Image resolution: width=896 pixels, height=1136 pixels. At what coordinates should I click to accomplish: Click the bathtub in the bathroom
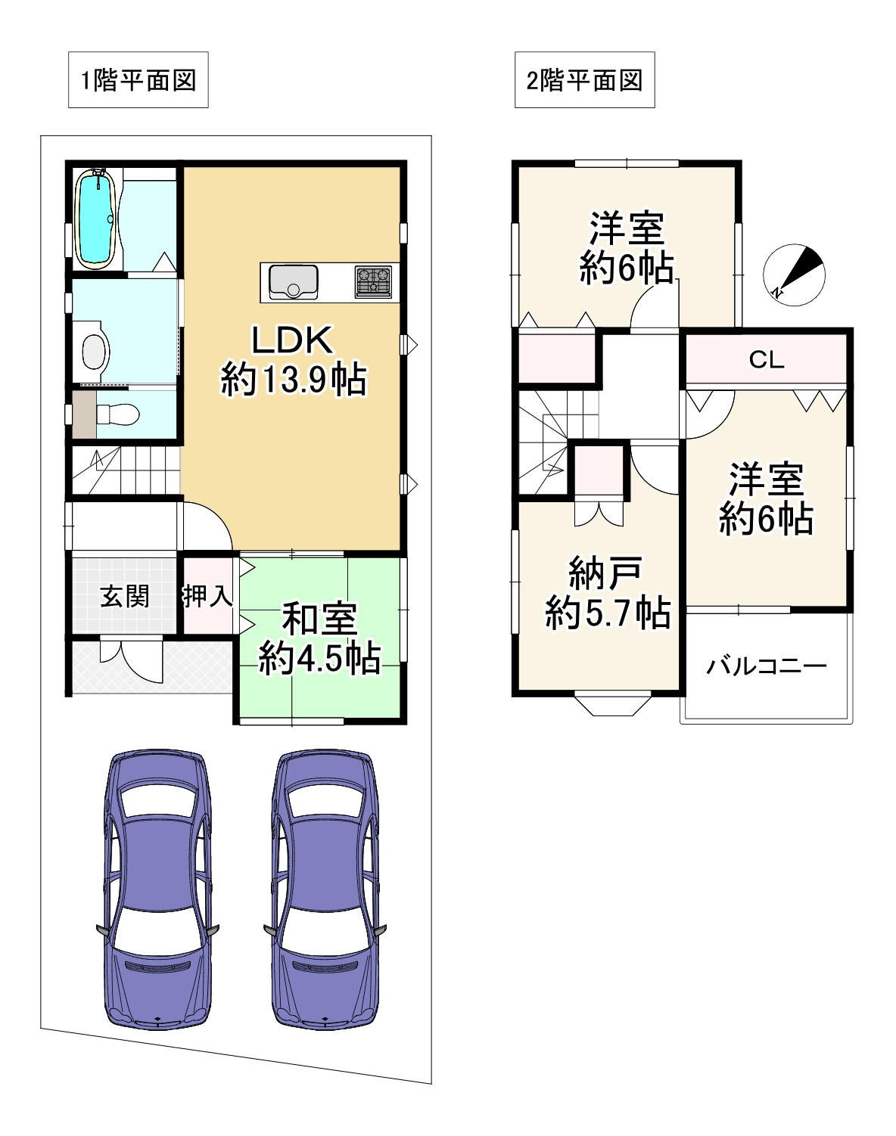95,219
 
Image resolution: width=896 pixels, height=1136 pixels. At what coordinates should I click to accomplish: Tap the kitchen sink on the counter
293,282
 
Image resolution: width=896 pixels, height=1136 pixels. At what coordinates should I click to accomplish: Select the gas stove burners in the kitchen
373,281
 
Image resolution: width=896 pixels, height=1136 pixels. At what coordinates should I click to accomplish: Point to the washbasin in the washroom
95,352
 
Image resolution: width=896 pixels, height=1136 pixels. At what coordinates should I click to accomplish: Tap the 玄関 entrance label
125,596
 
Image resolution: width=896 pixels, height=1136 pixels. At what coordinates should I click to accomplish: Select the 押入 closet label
207,596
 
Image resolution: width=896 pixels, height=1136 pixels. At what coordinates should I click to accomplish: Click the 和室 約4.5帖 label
319,638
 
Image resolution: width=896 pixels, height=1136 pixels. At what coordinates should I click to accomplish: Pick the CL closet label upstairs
766,360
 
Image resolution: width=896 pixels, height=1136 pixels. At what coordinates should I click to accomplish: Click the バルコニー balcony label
767,666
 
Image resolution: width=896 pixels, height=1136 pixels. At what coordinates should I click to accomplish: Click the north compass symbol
794,275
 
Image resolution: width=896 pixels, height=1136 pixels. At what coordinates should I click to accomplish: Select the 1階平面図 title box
138,79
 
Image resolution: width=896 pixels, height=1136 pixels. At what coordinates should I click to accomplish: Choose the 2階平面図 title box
585,79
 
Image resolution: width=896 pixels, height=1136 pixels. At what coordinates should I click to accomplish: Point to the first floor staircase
126,470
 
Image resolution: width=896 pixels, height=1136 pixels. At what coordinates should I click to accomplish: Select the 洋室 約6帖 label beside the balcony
766,498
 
